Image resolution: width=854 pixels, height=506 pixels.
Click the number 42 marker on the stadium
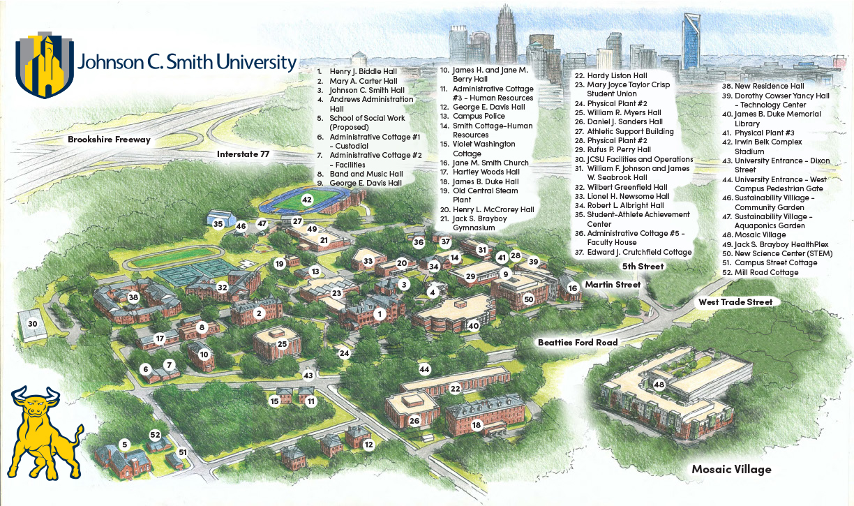307,200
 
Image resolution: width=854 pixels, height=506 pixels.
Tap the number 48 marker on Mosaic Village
659,385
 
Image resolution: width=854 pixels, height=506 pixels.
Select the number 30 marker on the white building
32,324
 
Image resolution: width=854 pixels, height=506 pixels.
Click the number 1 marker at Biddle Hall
380,314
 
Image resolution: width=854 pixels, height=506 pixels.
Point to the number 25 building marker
283,344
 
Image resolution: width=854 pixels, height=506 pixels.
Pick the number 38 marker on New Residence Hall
133,297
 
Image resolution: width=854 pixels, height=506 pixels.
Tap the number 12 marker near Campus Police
368,445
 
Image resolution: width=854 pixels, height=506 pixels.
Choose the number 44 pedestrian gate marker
424,369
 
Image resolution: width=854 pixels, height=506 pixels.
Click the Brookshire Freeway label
109,140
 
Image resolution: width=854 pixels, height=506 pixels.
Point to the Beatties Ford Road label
578,343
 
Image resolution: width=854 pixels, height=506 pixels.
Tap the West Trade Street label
735,302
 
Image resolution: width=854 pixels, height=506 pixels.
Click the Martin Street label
613,285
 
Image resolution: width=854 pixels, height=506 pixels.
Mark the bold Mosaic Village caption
731,469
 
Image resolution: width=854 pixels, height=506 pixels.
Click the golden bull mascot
43,431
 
